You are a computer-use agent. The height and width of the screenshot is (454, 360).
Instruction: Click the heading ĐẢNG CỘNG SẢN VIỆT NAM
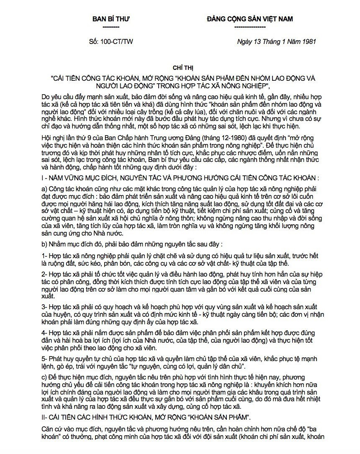250,19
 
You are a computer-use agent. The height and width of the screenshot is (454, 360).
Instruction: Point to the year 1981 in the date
308,42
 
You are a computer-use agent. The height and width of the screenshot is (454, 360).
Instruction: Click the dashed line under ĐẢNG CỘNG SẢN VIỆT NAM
250,27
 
